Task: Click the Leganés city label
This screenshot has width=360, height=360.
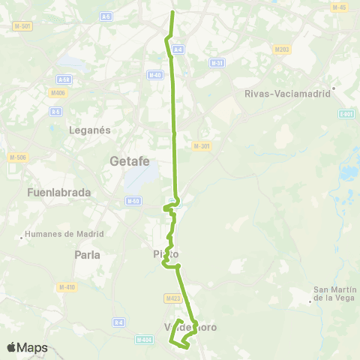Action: pos(90,130)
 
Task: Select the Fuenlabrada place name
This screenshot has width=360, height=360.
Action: pos(58,192)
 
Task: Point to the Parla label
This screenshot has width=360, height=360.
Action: pos(88,254)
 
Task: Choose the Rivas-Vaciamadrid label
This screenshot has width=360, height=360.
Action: pos(288,94)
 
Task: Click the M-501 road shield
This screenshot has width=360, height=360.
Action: pos(22,26)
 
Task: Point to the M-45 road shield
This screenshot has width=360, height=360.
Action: pos(338,7)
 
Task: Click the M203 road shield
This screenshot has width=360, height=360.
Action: pos(282,49)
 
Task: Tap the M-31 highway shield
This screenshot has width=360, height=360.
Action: pos(217,63)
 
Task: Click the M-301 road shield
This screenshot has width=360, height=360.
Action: pos(200,146)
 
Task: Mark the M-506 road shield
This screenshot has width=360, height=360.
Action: pos(17,157)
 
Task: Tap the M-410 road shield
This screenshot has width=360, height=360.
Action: pos(67,286)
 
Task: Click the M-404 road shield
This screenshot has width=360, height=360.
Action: pos(144,340)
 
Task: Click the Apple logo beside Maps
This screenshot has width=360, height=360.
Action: pos(11,348)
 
